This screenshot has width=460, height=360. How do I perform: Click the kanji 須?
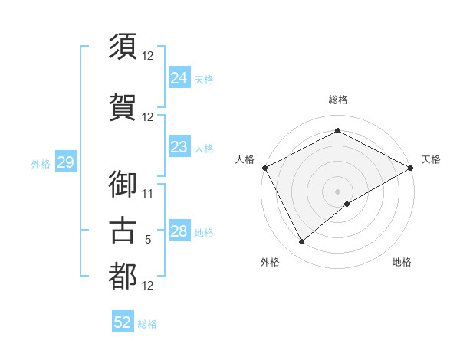pyautogui.click(x=123, y=45)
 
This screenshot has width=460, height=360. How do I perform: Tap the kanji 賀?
pyautogui.click(x=123, y=106)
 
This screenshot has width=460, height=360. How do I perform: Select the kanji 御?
pyautogui.click(x=123, y=184)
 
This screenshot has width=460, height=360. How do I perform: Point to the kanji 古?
pyautogui.click(x=123, y=230)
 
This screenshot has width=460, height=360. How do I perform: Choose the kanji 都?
pyautogui.click(x=123, y=276)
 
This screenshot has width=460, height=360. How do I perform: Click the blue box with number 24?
pyautogui.click(x=179, y=78)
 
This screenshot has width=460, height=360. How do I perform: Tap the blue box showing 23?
pyautogui.click(x=179, y=148)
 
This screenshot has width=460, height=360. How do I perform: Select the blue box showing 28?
pyautogui.click(x=179, y=232)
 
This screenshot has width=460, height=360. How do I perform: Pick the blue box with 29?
pyautogui.click(x=65, y=162)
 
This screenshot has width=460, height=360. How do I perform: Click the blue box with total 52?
pyautogui.click(x=123, y=322)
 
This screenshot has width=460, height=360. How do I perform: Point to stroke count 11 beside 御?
pyautogui.click(x=148, y=193)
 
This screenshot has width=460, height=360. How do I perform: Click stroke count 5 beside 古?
pyautogui.click(x=148, y=240)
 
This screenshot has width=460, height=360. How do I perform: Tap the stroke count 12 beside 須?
pyautogui.click(x=148, y=56)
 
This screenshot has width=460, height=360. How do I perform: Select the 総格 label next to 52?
pyautogui.click(x=147, y=324)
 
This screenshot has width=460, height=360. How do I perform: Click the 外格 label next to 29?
pyautogui.click(x=41, y=163)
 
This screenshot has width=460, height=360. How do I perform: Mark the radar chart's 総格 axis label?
pyautogui.click(x=338, y=100)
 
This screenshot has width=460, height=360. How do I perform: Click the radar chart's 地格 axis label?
pyautogui.click(x=402, y=262)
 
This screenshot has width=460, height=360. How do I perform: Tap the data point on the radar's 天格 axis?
pyautogui.click(x=411, y=168)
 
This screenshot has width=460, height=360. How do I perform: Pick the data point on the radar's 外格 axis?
pyautogui.click(x=302, y=242)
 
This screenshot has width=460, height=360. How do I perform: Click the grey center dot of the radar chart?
pyautogui.click(x=337, y=191)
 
